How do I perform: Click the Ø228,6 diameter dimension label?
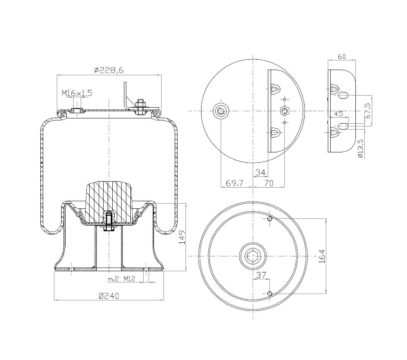point(109,70)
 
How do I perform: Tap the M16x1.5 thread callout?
point(77,93)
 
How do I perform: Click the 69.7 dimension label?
point(235,183)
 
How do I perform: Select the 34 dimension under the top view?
point(260,172)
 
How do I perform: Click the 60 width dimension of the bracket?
point(341,56)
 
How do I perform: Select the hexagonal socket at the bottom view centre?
point(253,256)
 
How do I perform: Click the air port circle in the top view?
point(220,110)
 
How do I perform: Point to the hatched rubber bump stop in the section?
point(108,202)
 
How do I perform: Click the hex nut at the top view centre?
point(285,110)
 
